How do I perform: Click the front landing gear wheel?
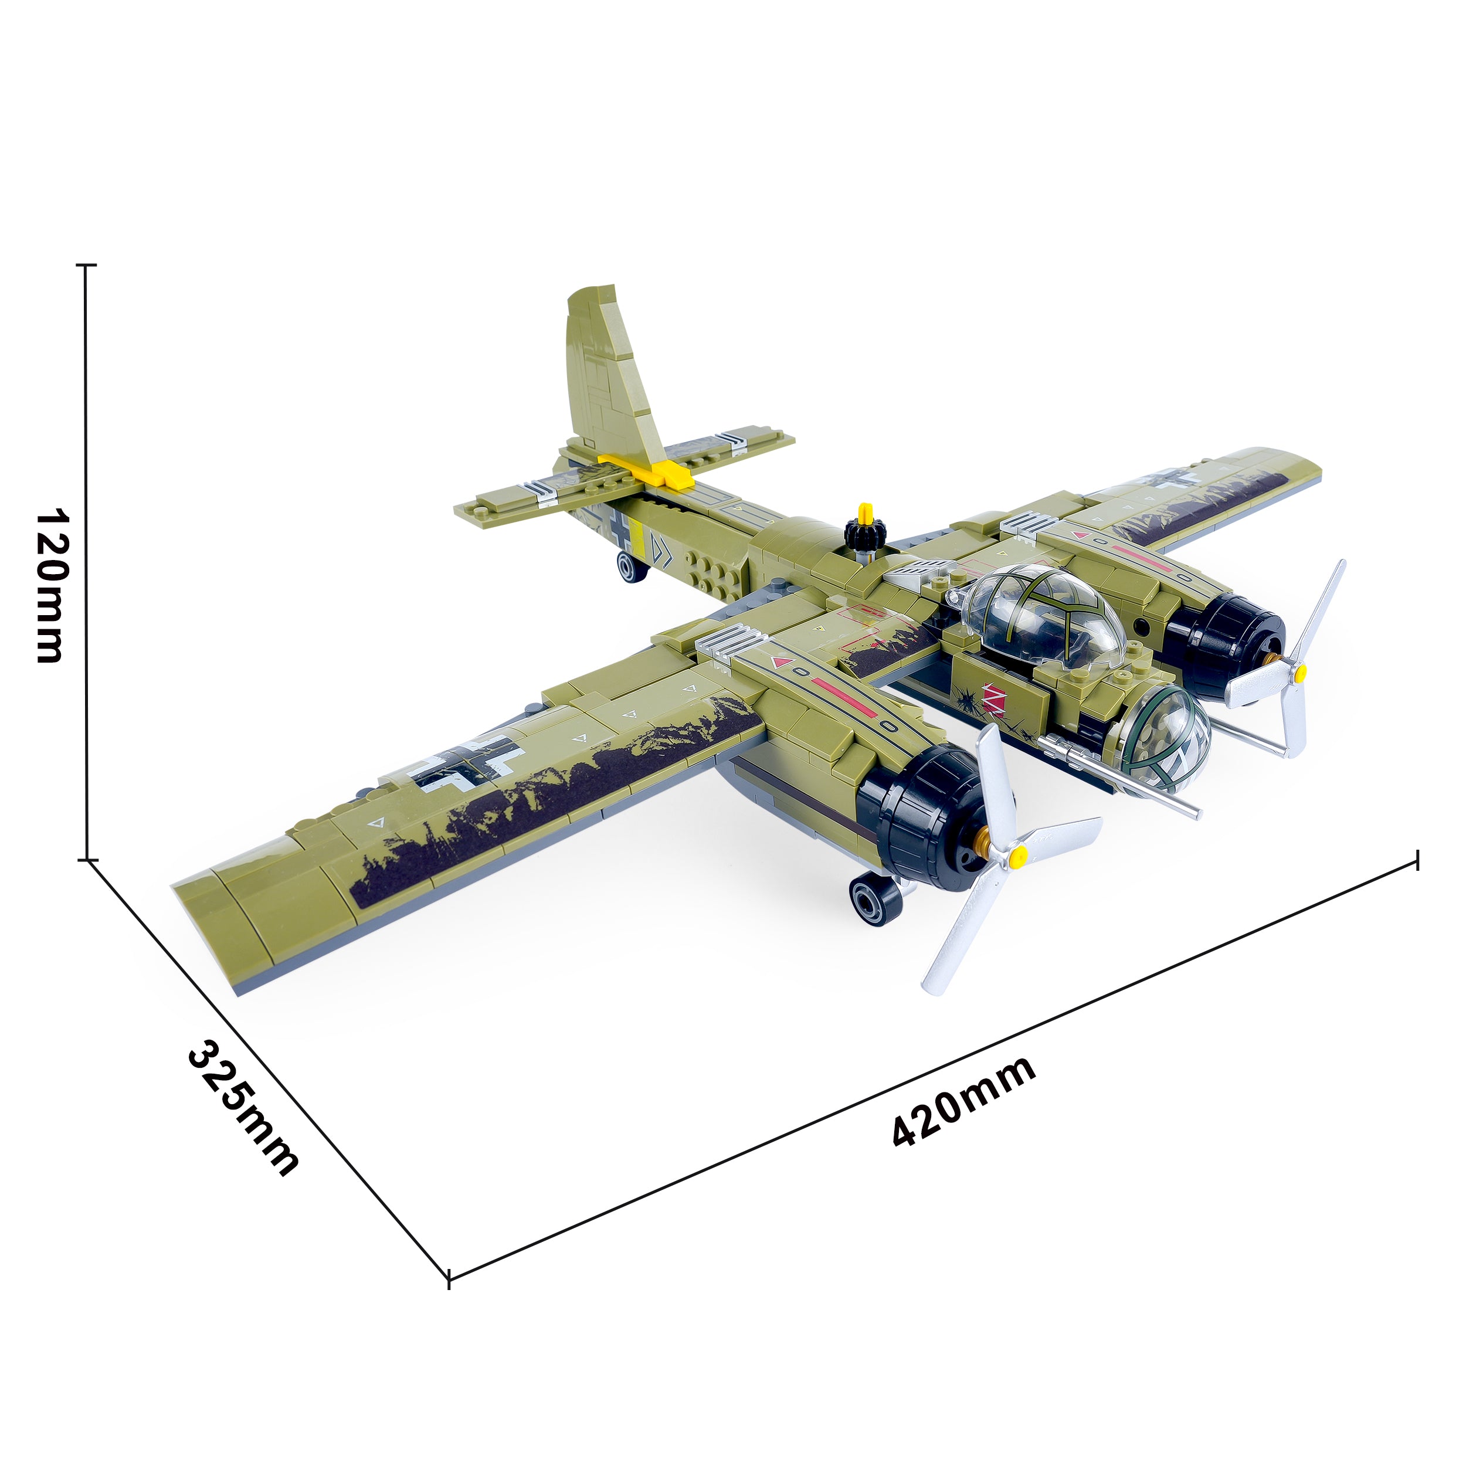pos(875,898)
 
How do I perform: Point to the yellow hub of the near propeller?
pos(1019,857)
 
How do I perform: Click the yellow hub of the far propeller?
pos(1301,671)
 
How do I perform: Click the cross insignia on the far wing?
pos(1175,480)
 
